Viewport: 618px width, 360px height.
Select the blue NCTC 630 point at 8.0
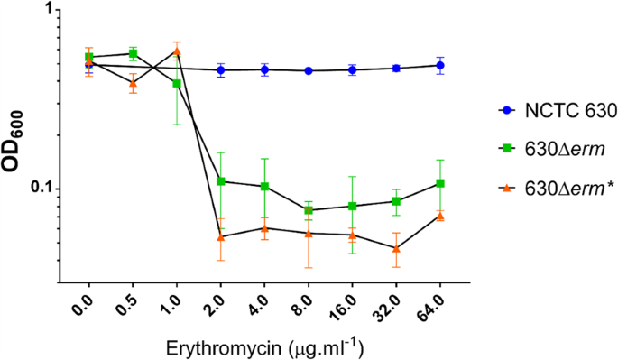tap(309, 70)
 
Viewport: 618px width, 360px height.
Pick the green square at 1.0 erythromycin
tap(177, 83)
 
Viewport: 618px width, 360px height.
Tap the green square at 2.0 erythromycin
tap(221, 181)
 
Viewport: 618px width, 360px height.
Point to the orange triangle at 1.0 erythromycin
tap(177, 51)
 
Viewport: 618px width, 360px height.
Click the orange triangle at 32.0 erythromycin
tap(396, 248)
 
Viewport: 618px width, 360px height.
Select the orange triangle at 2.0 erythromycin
tap(221, 236)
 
